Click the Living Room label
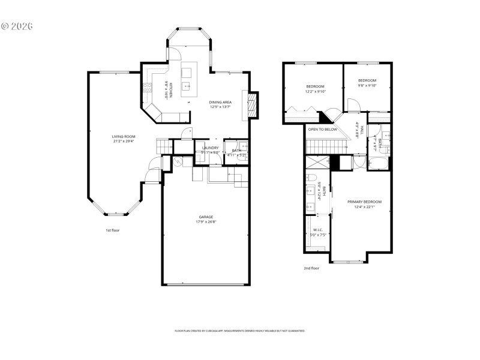(x=123, y=136)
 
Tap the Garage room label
(x=206, y=217)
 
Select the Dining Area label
(x=220, y=102)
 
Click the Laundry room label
(x=210, y=148)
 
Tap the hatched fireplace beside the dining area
(x=253, y=103)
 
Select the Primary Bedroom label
(x=364, y=202)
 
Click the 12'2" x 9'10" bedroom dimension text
(x=316, y=92)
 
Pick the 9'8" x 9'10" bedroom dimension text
(x=367, y=86)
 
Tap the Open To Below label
(x=323, y=129)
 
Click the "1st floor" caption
(x=112, y=230)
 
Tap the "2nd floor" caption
(x=311, y=268)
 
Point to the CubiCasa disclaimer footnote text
(x=239, y=331)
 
